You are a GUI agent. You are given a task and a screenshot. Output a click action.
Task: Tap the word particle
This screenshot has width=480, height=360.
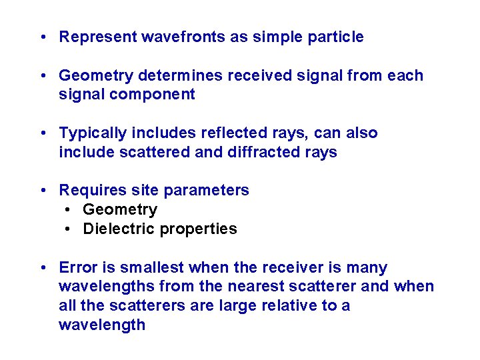click(x=336, y=37)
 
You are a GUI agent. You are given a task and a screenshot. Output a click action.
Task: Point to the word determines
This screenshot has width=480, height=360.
click(x=187, y=75)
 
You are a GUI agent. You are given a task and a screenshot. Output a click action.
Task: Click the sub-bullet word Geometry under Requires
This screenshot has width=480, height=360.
click(x=120, y=210)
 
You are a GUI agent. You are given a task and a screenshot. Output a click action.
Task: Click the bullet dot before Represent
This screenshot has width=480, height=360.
click(x=42, y=37)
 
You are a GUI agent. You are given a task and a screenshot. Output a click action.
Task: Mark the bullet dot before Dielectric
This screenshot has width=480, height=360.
click(x=69, y=229)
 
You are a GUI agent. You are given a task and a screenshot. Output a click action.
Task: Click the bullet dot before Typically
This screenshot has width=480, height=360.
click(x=42, y=133)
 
